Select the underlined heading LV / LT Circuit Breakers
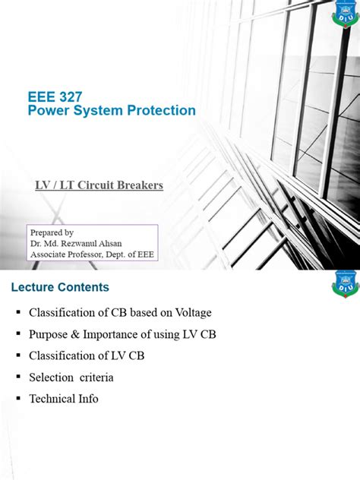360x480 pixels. point(99,185)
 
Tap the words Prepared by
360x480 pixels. point(51,232)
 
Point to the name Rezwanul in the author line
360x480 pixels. point(97,243)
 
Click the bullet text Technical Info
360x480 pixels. point(64,398)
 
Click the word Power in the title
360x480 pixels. point(47,111)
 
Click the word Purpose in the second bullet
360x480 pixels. point(51,333)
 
